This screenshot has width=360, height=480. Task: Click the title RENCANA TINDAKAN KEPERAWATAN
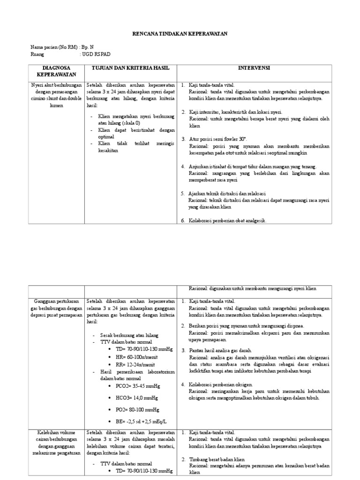[x=180, y=34]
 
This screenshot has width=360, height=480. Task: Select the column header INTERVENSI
[x=254, y=68]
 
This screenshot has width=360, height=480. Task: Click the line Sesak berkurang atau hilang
[x=129, y=335]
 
